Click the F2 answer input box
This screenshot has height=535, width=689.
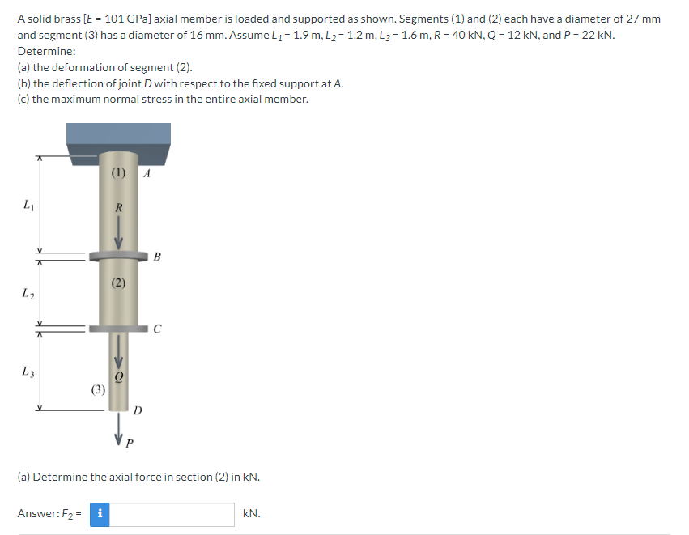172,514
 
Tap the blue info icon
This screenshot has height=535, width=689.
99,514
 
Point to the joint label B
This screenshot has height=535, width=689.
156,258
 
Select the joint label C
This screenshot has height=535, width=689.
156,329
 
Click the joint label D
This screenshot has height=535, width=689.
138,410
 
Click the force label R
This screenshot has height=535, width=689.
119,207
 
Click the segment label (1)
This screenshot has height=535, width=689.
119,172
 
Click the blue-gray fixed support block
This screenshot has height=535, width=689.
119,142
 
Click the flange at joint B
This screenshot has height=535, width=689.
119,255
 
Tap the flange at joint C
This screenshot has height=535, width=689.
119,329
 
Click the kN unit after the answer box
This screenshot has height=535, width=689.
251,514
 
